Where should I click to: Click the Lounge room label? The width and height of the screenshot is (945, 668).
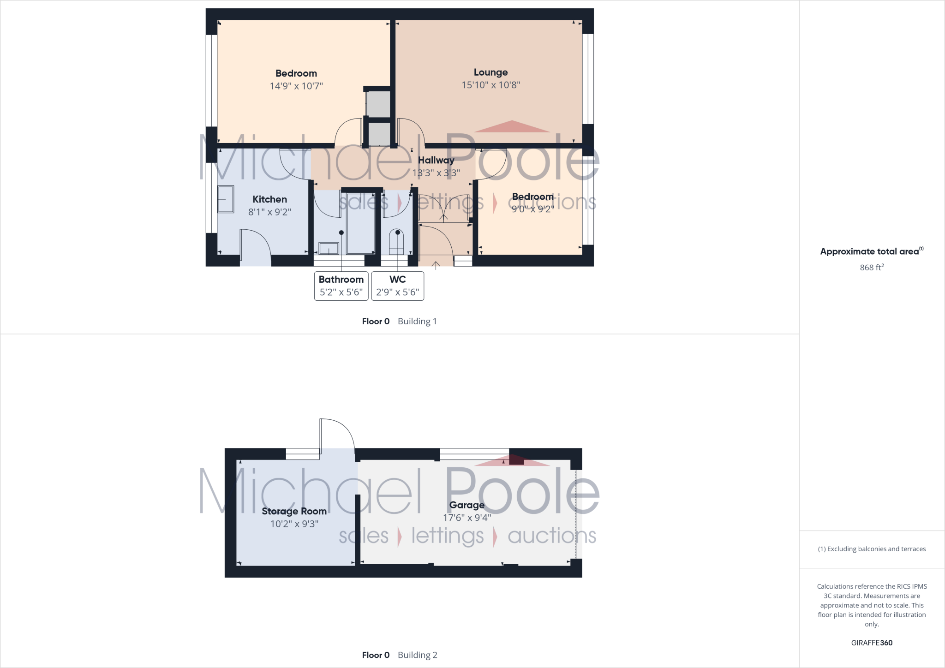click(x=490, y=72)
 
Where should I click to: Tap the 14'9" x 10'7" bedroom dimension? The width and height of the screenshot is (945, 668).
click(x=296, y=86)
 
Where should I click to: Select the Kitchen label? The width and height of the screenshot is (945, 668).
click(x=269, y=199)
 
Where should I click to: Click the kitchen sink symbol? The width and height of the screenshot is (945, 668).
click(x=226, y=199)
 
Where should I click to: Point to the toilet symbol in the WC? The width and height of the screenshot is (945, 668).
click(x=396, y=242)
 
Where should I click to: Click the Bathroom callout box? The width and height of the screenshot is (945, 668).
click(x=341, y=286)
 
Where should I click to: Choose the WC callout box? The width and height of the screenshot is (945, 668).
click(x=397, y=286)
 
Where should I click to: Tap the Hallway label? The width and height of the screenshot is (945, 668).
click(x=436, y=161)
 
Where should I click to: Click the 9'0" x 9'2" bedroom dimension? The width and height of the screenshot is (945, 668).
click(x=532, y=209)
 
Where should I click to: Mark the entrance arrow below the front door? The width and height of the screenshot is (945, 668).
click(x=436, y=265)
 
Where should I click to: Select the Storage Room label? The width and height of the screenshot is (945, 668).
click(x=294, y=511)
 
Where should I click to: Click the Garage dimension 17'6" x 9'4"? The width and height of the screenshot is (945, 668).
click(x=467, y=518)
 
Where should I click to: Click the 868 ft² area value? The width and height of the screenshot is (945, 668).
click(x=872, y=267)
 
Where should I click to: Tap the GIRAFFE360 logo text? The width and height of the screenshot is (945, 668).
click(x=872, y=643)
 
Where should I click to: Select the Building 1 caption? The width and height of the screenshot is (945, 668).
click(x=417, y=321)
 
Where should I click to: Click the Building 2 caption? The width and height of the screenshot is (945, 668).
click(x=417, y=655)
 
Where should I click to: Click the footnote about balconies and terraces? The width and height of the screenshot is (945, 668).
click(x=872, y=549)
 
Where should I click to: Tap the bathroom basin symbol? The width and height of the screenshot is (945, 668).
click(x=329, y=249)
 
